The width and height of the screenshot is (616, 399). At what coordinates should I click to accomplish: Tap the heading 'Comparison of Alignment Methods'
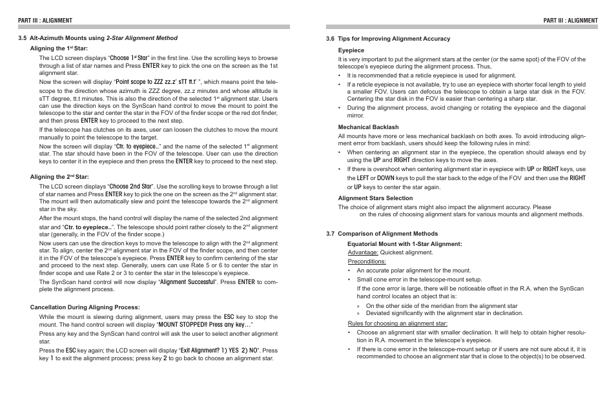(389, 234)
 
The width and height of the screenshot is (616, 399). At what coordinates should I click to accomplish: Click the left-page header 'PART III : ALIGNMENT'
(45, 21)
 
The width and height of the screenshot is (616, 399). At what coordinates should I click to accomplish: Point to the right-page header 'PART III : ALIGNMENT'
(570, 21)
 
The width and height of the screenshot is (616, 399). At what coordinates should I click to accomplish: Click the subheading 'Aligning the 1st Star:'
(59, 48)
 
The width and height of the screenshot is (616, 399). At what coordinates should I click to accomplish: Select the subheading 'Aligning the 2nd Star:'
(59, 177)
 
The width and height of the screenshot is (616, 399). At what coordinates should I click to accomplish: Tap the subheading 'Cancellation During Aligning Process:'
(85, 307)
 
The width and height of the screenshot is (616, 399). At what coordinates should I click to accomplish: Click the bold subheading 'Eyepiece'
(351, 50)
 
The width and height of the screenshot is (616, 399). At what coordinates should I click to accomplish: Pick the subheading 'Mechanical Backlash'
(368, 127)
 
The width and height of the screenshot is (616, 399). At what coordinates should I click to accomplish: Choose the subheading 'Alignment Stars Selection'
(375, 198)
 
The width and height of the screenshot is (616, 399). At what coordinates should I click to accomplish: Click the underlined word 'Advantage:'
(363, 252)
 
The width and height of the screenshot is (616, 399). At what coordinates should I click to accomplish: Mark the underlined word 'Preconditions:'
(366, 261)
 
